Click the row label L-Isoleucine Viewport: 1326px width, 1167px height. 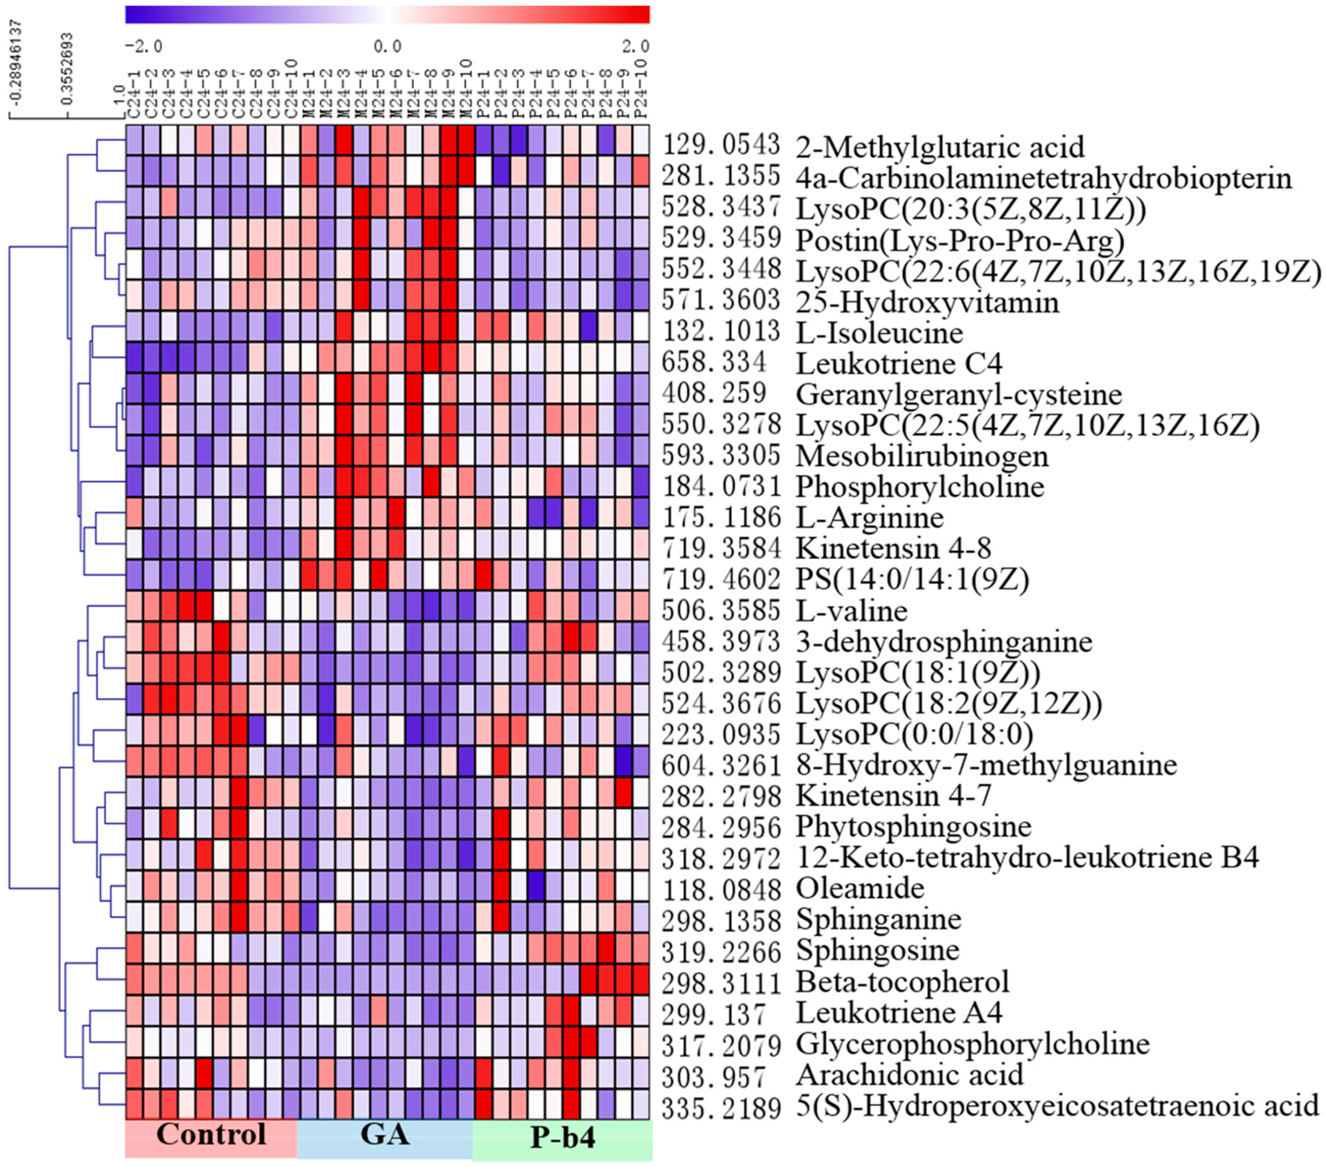[879, 333]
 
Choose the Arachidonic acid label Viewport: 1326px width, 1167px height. [909, 1075]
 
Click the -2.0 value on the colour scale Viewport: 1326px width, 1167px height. [143, 47]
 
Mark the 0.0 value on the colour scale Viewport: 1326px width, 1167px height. [387, 47]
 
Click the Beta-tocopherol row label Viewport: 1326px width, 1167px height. [902, 981]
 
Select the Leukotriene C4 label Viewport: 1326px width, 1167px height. [899, 364]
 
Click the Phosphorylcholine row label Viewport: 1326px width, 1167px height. [920, 487]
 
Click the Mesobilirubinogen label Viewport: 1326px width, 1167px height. [922, 456]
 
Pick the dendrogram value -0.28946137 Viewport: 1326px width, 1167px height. [16, 62]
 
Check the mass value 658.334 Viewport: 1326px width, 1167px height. [713, 364]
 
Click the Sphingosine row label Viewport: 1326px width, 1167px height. [877, 950]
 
